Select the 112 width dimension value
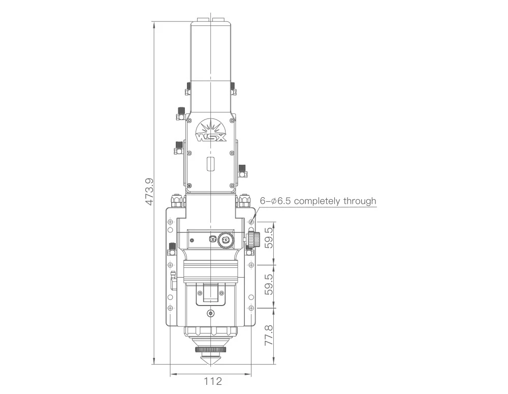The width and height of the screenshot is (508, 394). (213, 381)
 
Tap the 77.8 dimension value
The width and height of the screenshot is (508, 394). (269, 336)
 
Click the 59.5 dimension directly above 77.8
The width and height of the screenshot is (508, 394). (269, 285)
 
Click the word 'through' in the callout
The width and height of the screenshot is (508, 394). (360, 201)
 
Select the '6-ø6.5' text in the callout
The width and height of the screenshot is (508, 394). (275, 201)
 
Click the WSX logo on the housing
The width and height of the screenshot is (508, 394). (211, 131)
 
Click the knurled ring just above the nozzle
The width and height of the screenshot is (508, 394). (211, 349)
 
